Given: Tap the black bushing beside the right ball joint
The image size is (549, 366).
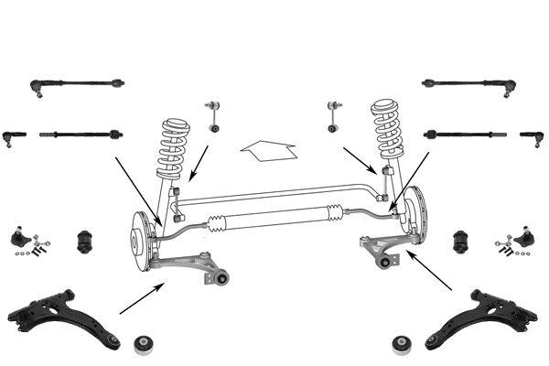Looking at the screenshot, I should pos(463,242).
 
